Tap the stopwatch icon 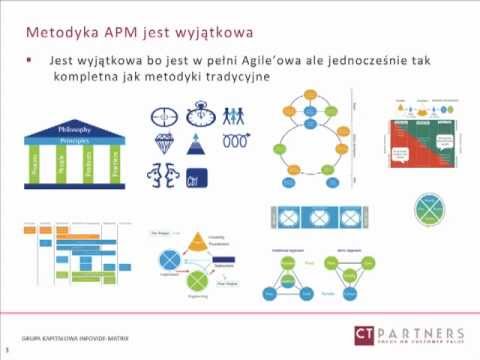pyautogui.click(x=198, y=112)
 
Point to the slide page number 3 pyautogui.click(x=7, y=351)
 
